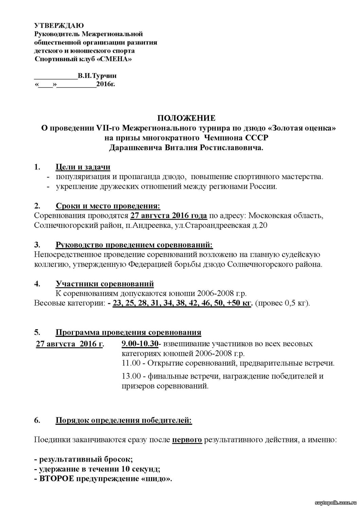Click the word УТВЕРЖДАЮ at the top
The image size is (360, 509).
click(x=59, y=25)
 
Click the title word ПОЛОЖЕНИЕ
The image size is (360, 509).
click(x=186, y=118)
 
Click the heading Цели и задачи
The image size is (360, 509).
click(x=83, y=167)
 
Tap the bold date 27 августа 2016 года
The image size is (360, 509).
click(x=168, y=216)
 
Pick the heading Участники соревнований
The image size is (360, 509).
click(x=105, y=284)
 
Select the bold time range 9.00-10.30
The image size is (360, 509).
click(x=140, y=344)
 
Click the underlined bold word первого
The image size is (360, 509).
click(x=187, y=440)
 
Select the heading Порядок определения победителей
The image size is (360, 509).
click(x=123, y=420)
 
